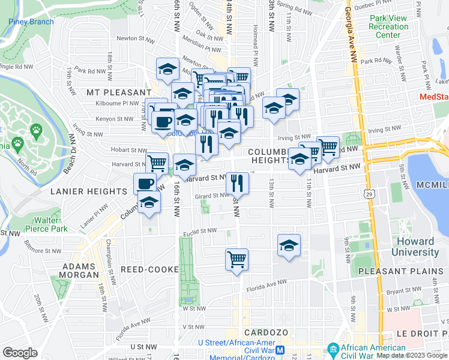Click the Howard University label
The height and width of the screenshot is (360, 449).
[x=415, y=247]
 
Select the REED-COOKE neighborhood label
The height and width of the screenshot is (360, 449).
[x=144, y=270]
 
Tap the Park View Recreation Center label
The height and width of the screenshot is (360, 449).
[x=388, y=26]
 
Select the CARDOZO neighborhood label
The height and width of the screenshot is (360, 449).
[x=267, y=332]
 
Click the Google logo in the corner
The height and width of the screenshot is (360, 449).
[x=20, y=352]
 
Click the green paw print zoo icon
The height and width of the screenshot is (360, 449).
[x=36, y=129]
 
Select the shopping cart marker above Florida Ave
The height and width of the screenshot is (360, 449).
[x=237, y=260]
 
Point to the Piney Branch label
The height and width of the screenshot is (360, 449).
[x=31, y=22]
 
